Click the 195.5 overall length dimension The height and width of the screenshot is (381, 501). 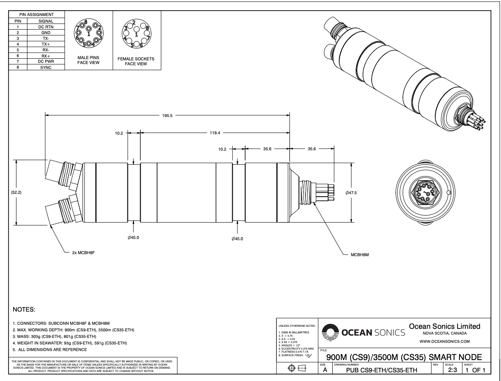[x=168, y=116]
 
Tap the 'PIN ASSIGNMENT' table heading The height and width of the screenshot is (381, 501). [x=37, y=14]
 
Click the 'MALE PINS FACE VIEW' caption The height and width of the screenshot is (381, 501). [x=89, y=61]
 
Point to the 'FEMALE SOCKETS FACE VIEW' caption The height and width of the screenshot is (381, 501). [x=136, y=61]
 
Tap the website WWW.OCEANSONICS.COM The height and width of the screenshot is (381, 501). [x=445, y=341]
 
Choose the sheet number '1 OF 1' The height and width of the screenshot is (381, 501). [x=476, y=371]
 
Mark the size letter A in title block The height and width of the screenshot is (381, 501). [x=325, y=371]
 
